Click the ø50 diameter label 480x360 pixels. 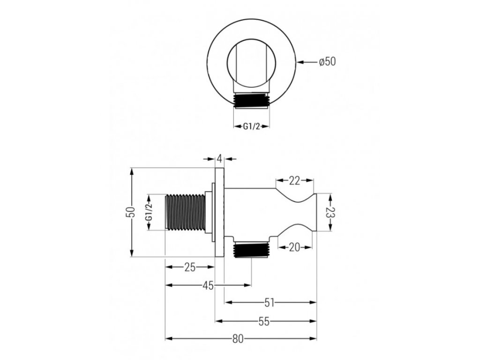tap(327, 61)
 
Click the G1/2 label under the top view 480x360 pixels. tap(252, 126)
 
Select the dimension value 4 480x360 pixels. tap(219, 159)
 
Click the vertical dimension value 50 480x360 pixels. tap(133, 212)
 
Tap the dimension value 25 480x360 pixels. tap(189, 267)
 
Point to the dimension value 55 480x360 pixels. tap(264, 322)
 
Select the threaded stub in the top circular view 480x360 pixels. tap(252, 100)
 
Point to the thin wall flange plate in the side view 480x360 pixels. tap(219, 212)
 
